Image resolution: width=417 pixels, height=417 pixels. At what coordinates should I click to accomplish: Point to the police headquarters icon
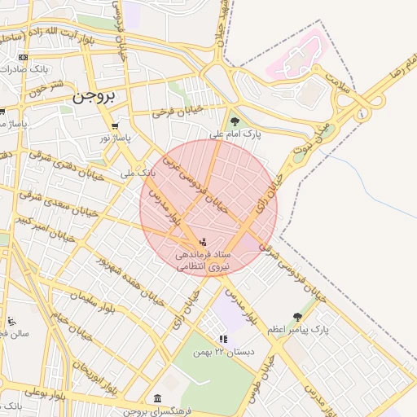(202, 242)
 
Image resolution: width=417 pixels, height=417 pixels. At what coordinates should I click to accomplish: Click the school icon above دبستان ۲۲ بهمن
(222, 338)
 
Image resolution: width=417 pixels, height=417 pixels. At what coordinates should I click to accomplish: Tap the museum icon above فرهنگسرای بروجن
(157, 398)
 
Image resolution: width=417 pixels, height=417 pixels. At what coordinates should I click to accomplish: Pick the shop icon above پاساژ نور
(115, 126)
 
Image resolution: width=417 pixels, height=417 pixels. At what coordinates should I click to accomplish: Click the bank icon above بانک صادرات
(23, 57)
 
